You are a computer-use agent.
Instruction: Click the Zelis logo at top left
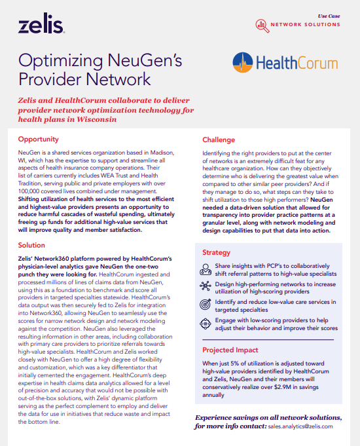41,26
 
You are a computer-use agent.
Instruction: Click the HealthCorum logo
285,63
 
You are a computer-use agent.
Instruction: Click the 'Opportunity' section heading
39,139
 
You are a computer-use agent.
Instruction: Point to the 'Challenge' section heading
219,140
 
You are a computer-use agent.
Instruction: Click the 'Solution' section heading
31,245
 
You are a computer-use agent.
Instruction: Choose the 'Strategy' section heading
216,252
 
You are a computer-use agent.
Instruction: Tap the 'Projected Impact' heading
230,350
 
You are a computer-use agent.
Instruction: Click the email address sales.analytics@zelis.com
300,426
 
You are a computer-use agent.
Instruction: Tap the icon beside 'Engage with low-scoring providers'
205,323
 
